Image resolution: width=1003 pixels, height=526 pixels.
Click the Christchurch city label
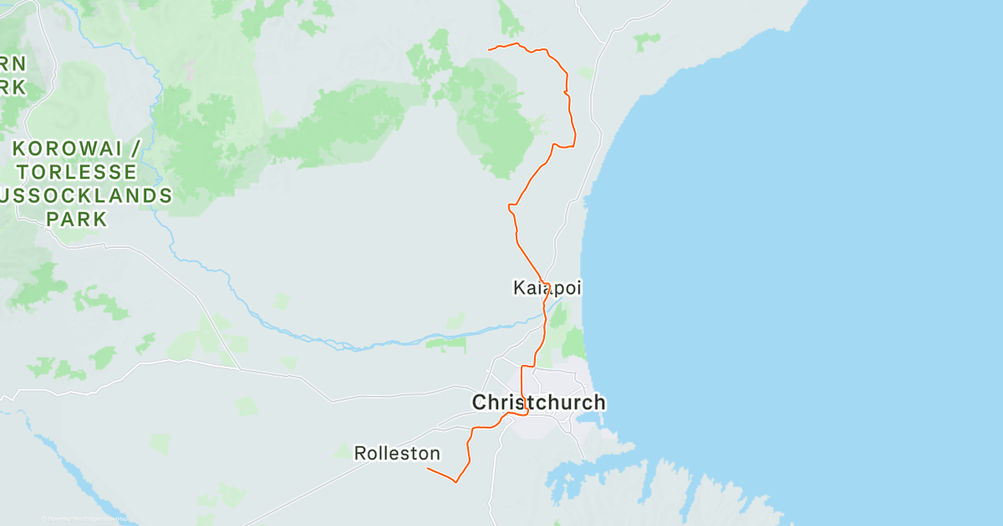click(x=538, y=402)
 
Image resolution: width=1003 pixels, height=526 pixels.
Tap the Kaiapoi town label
click(x=547, y=289)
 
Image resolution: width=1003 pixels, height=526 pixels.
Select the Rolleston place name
click(x=397, y=453)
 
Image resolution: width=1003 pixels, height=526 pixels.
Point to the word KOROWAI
click(x=67, y=149)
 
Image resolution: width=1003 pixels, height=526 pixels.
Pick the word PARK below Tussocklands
click(x=77, y=220)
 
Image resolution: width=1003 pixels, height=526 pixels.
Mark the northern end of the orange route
click(x=489, y=49)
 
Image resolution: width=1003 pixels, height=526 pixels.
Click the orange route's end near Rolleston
click(x=428, y=468)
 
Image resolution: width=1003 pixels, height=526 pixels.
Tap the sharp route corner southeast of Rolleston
click(x=456, y=482)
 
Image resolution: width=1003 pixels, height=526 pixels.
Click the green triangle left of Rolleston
click(x=343, y=452)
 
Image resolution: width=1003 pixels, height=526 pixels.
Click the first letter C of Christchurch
click(x=480, y=402)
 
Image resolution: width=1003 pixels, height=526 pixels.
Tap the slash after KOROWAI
click(x=133, y=149)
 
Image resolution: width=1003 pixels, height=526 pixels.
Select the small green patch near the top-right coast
click(x=645, y=40)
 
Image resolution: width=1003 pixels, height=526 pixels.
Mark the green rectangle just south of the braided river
click(x=446, y=342)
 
